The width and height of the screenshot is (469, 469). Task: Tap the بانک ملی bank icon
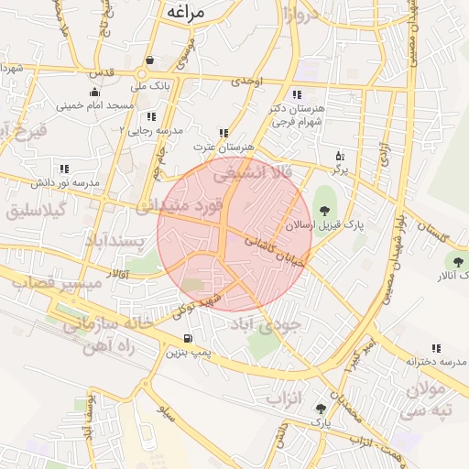point(148,61)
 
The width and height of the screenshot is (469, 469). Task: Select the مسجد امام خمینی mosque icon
point(94,92)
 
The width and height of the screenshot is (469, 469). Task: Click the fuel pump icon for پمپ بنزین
point(188,338)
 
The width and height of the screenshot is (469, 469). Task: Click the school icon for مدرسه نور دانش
point(64,169)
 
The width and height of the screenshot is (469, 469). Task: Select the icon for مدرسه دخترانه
point(435,348)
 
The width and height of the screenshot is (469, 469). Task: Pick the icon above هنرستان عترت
point(224,133)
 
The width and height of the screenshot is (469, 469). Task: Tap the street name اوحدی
point(246,82)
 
